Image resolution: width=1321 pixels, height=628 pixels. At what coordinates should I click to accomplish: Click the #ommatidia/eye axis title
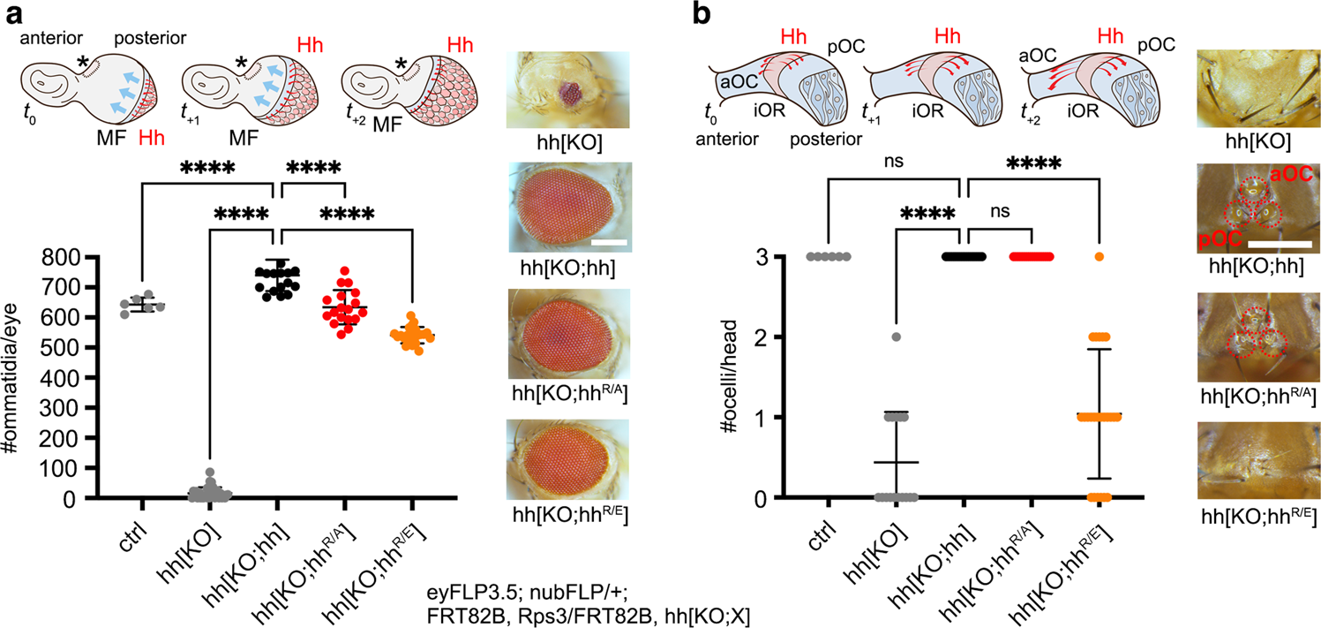pyautogui.click(x=20, y=378)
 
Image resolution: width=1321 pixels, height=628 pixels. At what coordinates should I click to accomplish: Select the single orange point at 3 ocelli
pyautogui.click(x=1099, y=256)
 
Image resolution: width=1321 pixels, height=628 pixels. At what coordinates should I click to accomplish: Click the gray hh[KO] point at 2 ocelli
pyautogui.click(x=895, y=337)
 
